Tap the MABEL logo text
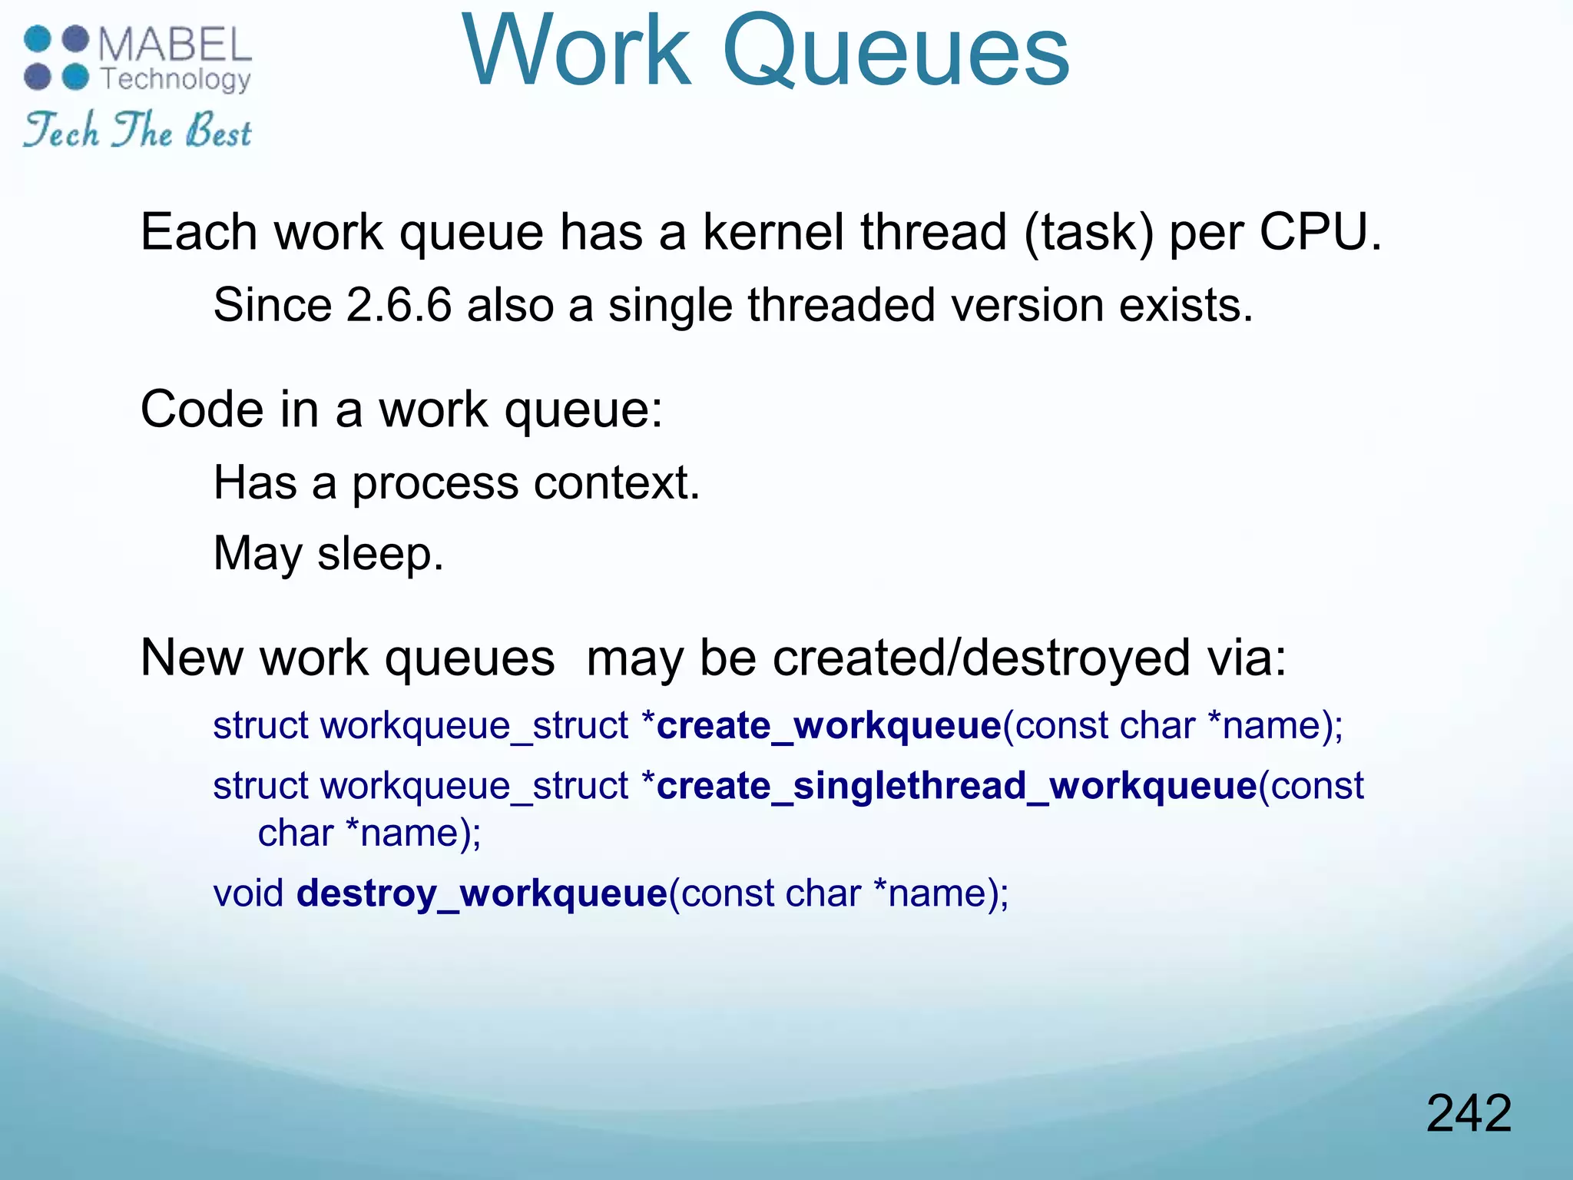[175, 45]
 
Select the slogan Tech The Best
[137, 130]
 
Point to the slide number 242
[1469, 1113]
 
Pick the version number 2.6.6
[399, 305]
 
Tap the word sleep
[380, 555]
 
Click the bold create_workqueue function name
[830, 726]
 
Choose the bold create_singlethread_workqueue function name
[956, 786]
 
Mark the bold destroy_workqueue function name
[482, 893]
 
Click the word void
[248, 893]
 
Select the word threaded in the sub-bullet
[841, 305]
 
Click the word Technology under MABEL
[176, 79]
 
